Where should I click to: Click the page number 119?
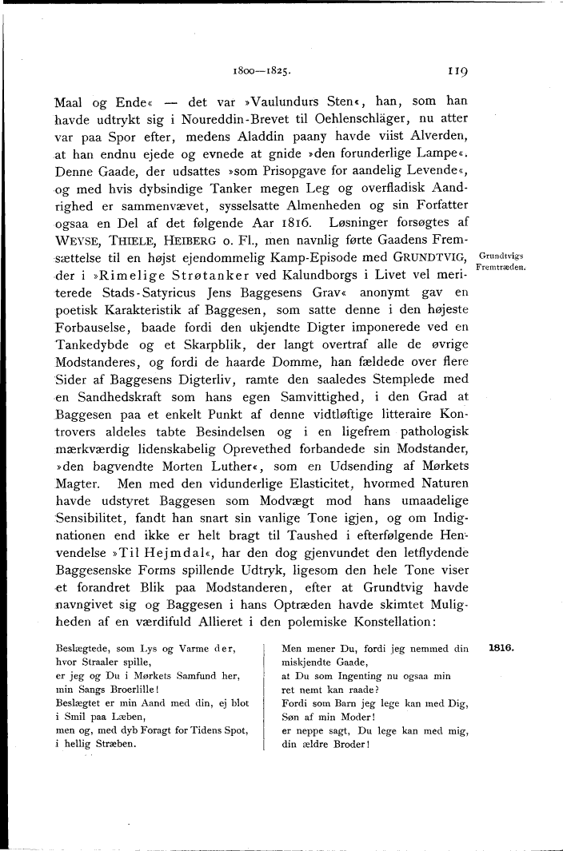(x=458, y=70)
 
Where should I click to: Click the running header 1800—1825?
(x=256, y=71)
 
